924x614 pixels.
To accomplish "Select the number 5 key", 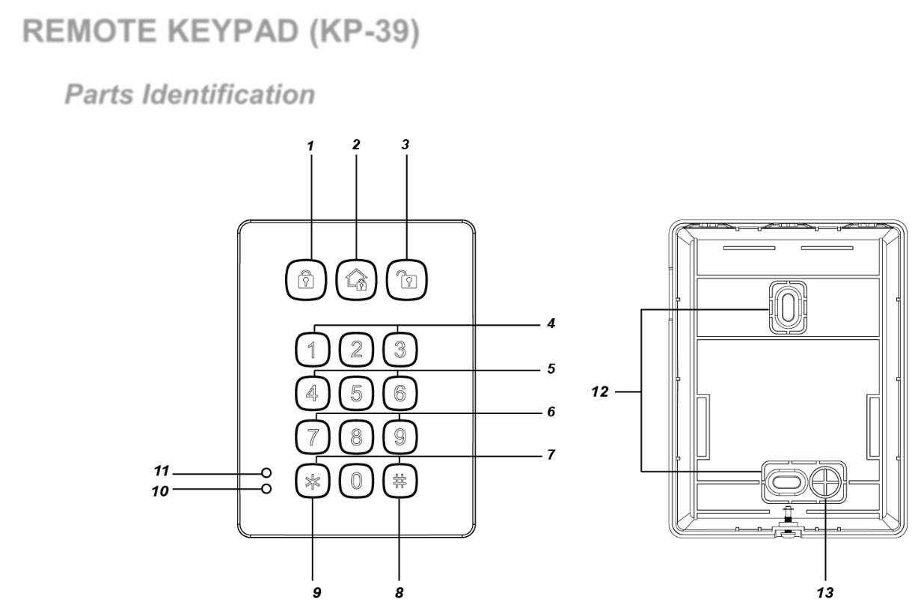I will pyautogui.click(x=355, y=392).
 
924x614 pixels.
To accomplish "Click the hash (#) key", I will pyautogui.click(x=399, y=481).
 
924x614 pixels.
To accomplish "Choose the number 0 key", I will pyautogui.click(x=356, y=481).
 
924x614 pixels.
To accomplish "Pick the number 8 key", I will pyautogui.click(x=356, y=436).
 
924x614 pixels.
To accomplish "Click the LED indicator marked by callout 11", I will pyautogui.click(x=266, y=473).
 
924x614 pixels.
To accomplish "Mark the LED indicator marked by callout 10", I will pyautogui.click(x=266, y=490).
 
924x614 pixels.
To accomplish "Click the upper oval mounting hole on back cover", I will pyautogui.click(x=783, y=306).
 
